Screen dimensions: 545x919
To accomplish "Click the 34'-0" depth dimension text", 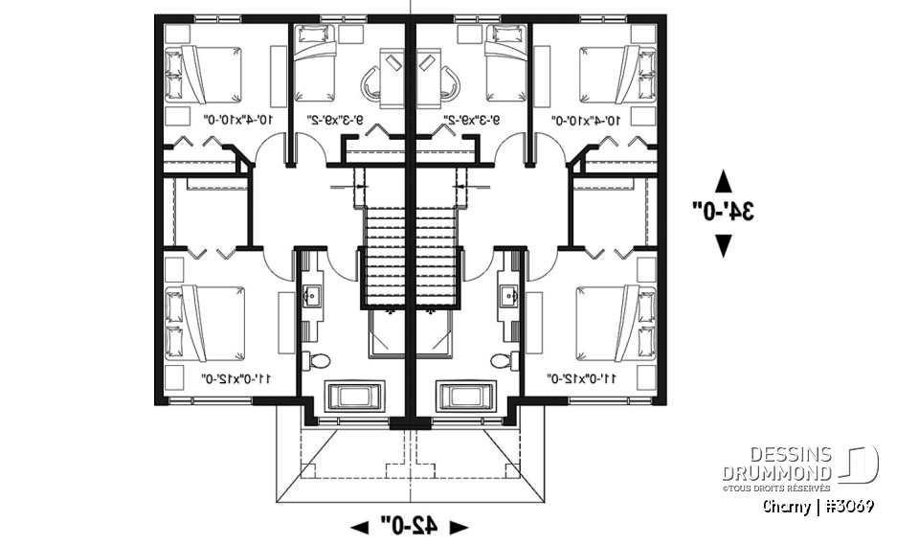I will (724, 212).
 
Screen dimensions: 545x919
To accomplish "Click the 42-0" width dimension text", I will (409, 524).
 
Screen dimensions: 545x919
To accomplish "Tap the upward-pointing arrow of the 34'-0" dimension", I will (724, 181).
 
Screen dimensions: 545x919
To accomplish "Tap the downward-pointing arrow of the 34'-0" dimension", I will (724, 246).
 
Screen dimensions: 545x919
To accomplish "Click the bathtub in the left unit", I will (355, 395).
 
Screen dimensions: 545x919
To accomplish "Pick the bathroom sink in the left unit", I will (313, 294).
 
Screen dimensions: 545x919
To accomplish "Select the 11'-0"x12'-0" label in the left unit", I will (235, 379).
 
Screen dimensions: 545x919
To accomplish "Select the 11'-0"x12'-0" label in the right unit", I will (583, 379).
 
